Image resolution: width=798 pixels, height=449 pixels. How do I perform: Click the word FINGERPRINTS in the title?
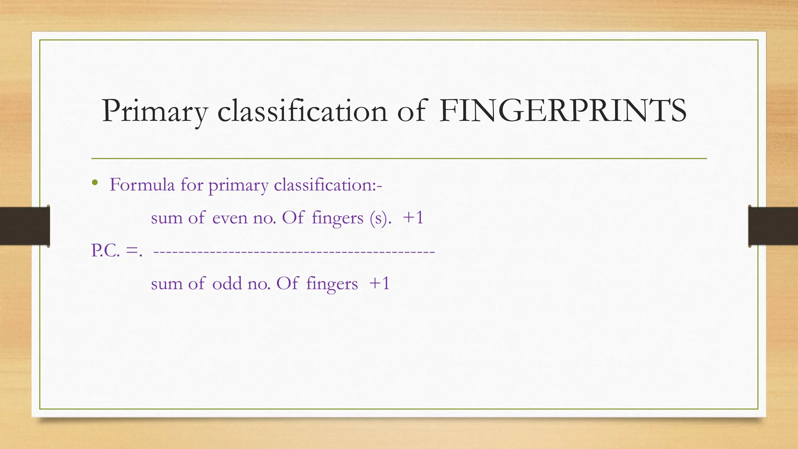point(562,111)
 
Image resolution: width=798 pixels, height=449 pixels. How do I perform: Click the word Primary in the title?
point(154,112)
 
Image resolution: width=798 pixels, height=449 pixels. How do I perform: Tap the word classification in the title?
point(302,111)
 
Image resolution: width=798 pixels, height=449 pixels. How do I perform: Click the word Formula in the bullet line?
point(142,185)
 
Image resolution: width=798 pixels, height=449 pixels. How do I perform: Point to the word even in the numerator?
point(230,218)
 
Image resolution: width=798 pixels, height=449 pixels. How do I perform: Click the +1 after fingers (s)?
point(413,217)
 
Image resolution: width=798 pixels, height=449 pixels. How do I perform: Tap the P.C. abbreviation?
point(105,251)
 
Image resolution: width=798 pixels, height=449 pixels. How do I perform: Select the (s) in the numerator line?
point(379,218)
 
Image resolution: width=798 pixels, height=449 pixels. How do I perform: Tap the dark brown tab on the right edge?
point(773,226)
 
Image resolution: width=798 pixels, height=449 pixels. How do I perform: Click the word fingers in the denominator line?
point(332,284)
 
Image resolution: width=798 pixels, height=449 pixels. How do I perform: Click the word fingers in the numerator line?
point(337,218)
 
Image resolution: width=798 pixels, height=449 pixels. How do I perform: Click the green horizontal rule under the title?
point(399,159)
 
